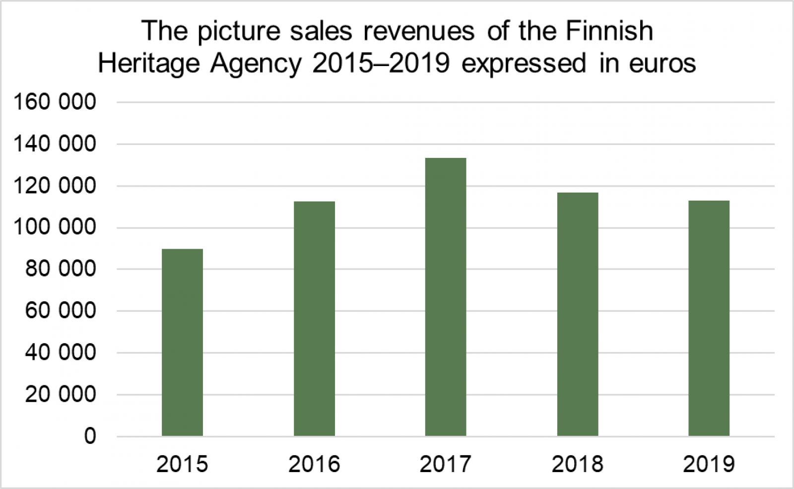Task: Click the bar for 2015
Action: (x=182, y=342)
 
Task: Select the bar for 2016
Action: (x=314, y=318)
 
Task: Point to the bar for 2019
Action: (x=709, y=318)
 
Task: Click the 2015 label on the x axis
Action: (x=182, y=464)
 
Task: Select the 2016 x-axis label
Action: (x=314, y=464)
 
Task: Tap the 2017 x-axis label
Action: (x=446, y=464)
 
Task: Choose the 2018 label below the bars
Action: (x=577, y=464)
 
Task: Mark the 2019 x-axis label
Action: (x=709, y=464)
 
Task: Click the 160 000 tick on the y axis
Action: (x=55, y=102)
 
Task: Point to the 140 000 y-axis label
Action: (x=55, y=144)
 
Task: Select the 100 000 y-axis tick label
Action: (x=55, y=227)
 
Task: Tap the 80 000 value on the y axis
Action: (x=61, y=269)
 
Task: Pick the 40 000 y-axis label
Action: (x=61, y=352)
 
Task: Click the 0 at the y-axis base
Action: (x=90, y=436)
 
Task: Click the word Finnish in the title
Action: (x=609, y=31)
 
